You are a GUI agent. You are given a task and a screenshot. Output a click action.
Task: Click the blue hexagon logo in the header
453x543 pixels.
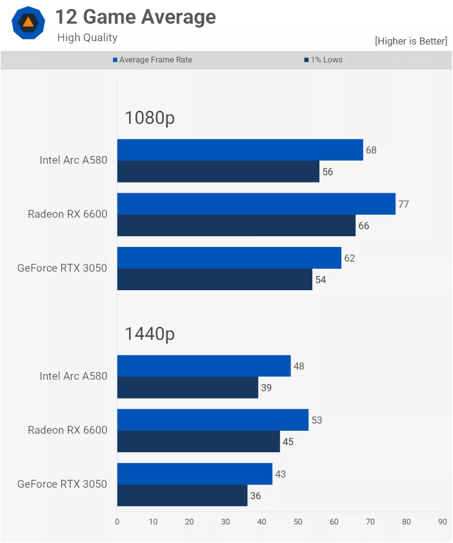pos(28,23)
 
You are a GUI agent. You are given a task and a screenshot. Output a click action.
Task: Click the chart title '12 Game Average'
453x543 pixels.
pos(136,17)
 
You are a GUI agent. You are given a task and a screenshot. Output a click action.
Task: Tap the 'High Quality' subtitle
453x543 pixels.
pos(87,37)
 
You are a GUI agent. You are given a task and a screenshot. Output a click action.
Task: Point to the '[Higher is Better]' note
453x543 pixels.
pos(410,41)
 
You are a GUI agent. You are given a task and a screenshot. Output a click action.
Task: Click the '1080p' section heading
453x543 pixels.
pos(150,118)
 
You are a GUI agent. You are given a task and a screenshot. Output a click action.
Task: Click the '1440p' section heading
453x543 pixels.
pos(150,334)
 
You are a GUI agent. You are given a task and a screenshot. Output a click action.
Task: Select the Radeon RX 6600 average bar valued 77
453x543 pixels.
pos(256,204)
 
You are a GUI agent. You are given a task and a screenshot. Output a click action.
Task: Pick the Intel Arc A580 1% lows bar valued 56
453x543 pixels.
pos(218,172)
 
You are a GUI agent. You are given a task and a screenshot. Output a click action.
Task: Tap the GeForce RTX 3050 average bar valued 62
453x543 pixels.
pos(229,258)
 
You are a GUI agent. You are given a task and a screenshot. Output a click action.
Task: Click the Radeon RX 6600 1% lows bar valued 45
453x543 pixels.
pos(198,441)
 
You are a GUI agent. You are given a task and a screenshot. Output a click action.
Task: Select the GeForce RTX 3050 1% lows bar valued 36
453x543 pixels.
pos(182,495)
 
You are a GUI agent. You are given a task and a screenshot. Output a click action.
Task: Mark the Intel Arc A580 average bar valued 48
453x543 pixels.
pos(204,366)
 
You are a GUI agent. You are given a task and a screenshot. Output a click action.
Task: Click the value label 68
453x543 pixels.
pos(371,150)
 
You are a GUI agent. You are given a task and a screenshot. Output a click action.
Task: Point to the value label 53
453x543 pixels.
pos(316,420)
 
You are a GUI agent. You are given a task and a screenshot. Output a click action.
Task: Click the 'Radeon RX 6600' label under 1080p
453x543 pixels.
pos(67,214)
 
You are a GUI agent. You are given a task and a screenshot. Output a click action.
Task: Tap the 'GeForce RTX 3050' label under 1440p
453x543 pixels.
pos(62,484)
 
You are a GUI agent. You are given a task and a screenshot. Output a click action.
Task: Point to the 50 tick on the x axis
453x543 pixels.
pos(297,522)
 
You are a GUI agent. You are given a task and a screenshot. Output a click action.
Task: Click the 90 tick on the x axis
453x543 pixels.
pos(442,522)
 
